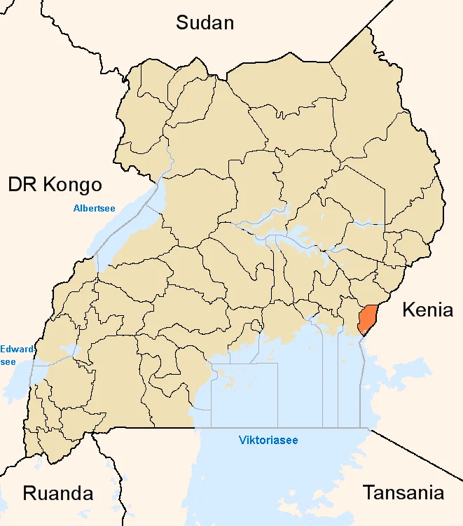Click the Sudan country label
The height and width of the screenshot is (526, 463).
pyautogui.click(x=205, y=22)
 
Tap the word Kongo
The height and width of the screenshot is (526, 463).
pyautogui.click(x=72, y=185)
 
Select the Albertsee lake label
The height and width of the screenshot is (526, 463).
pyautogui.click(x=94, y=207)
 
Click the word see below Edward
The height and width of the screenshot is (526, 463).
pyautogui.click(x=8, y=361)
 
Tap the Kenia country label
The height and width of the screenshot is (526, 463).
pyautogui.click(x=427, y=310)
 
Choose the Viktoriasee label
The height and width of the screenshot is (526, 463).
pyautogui.click(x=268, y=441)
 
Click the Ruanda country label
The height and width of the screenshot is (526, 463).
pyautogui.click(x=58, y=493)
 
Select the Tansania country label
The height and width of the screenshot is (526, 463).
pyautogui.click(x=403, y=492)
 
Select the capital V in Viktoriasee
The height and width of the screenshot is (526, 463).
pyautogui.click(x=242, y=441)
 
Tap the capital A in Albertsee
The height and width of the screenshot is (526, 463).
pyautogui.click(x=76, y=207)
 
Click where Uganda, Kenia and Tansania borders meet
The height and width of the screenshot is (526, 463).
pyautogui.click(x=369, y=429)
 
